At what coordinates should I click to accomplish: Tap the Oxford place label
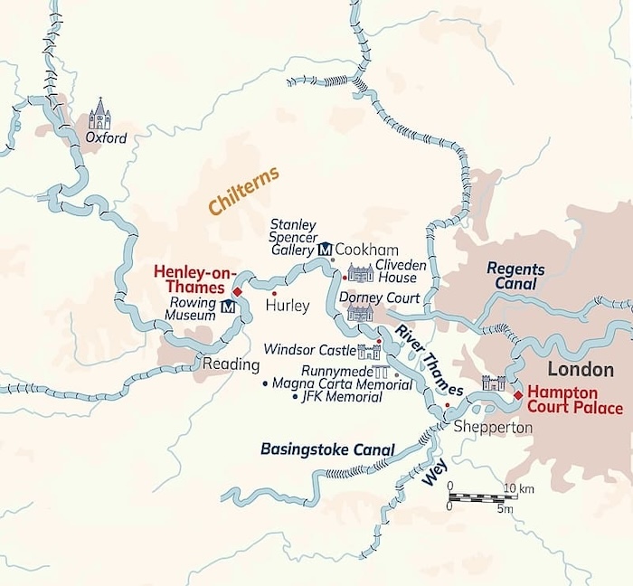[106, 138]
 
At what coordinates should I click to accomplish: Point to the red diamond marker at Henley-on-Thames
[237, 292]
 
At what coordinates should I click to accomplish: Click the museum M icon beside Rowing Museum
[228, 307]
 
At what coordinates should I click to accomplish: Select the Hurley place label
[287, 307]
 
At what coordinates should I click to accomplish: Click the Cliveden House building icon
[360, 273]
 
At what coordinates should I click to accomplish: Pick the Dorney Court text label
[379, 298]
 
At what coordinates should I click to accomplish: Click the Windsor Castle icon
[369, 351]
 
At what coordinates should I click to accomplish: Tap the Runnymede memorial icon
[381, 372]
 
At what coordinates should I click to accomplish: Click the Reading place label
[231, 365]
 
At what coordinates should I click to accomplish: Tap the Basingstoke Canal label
[327, 449]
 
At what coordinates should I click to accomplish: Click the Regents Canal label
[515, 275]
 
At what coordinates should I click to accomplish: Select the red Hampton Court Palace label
[575, 399]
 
